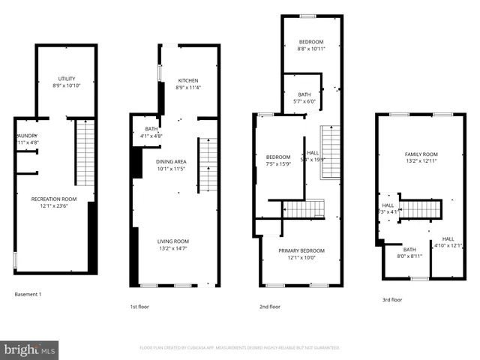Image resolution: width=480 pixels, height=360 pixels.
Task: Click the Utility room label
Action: [x=66, y=79]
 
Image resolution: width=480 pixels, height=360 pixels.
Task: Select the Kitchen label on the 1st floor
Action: [x=187, y=80]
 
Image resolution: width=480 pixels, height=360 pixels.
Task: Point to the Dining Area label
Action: [x=171, y=161]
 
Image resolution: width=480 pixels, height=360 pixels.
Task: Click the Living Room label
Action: [x=172, y=241]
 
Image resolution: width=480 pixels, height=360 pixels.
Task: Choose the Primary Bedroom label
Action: [x=297, y=250]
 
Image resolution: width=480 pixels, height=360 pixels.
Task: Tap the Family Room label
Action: [x=421, y=154]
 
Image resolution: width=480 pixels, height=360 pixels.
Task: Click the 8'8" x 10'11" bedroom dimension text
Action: [x=310, y=49]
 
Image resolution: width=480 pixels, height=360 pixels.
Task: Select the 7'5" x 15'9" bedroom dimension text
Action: [x=277, y=163]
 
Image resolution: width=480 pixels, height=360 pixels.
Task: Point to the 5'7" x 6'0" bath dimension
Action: [x=304, y=101]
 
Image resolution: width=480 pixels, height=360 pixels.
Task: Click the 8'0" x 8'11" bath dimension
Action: [x=409, y=256]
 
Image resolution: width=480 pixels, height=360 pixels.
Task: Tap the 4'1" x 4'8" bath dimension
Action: [x=151, y=136]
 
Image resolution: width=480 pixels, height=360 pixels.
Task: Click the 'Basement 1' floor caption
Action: [x=28, y=294]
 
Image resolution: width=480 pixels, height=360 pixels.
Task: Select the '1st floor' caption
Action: [x=139, y=306]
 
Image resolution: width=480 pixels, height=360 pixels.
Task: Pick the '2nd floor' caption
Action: [x=270, y=306]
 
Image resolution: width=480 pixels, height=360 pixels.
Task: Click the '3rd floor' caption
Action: [x=391, y=299]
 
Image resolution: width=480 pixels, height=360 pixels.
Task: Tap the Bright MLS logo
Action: [x=30, y=349]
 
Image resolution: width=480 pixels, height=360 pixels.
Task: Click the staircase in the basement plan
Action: [x=85, y=154]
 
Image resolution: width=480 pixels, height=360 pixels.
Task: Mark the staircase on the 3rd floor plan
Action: [x=418, y=207]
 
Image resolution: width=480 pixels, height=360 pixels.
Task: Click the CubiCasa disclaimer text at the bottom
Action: [x=240, y=348]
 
